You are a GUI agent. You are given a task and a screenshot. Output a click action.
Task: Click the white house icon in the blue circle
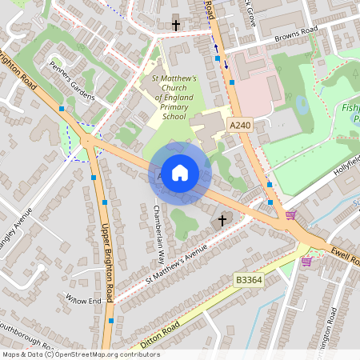[x=180, y=173]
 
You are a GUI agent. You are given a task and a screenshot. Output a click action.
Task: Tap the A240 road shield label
[x=239, y=126]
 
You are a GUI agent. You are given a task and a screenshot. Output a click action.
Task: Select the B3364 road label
[x=248, y=278]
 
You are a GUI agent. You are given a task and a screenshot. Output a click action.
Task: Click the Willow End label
[x=84, y=301]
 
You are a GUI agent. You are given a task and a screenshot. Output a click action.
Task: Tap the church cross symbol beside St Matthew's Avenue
[x=222, y=219]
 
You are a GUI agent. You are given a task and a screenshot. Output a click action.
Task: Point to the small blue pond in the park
[x=302, y=105]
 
